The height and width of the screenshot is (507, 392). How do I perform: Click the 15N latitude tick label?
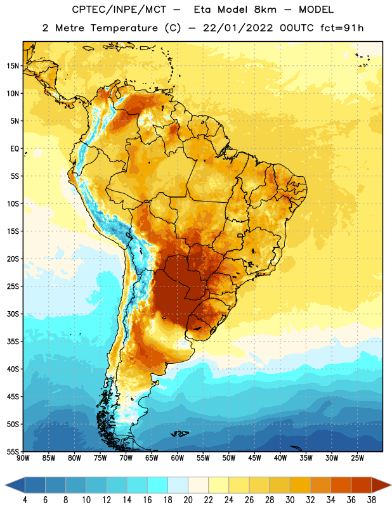coord(13,66)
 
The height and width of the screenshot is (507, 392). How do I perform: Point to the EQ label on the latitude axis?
coord(15,149)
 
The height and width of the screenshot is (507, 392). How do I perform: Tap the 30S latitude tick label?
coord(13,314)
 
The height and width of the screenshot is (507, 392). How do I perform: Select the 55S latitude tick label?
coord(13,451)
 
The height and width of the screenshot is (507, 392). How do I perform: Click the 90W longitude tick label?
coord(23,458)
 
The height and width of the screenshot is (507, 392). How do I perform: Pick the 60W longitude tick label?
coord(178,458)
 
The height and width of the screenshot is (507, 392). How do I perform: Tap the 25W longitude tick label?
coord(357,458)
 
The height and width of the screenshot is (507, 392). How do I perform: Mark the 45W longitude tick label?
coord(254,458)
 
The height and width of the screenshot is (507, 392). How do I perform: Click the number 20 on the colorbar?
coord(188,500)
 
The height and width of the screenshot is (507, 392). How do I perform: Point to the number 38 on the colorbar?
coord(372,500)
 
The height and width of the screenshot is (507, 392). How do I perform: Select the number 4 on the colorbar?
coord(25,500)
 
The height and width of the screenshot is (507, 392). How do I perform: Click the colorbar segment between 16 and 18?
coord(157,485)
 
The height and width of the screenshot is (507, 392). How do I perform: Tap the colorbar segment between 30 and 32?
coord(300,485)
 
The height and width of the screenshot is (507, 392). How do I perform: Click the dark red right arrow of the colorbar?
coord(381,485)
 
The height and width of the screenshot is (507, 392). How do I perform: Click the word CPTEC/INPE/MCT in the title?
coord(119,10)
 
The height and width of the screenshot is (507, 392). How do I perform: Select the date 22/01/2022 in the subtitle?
coord(238,28)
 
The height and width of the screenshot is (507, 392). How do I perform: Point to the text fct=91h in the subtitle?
coord(342,28)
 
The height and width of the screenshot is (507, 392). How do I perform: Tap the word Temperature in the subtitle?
coord(124,29)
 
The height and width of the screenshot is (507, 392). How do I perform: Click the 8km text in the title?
coord(265,10)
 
